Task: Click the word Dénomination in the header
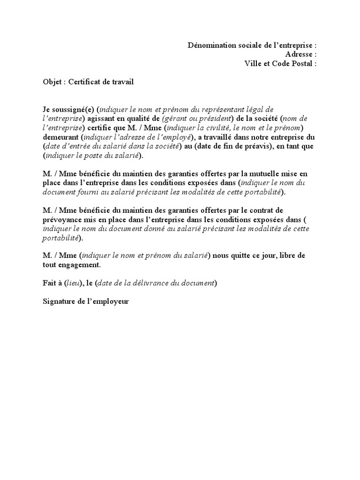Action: [x=210, y=45]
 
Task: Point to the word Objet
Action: [x=52, y=82]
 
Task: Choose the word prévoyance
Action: [x=61, y=220]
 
